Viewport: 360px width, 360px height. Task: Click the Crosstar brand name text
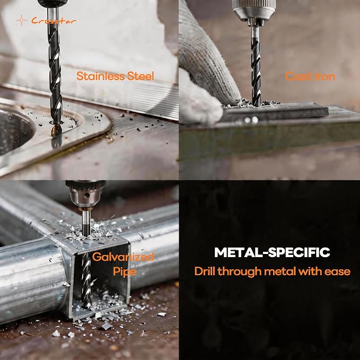54,21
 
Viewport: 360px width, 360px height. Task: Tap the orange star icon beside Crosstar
21,21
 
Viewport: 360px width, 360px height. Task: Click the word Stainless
101,76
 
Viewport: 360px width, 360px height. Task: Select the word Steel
141,76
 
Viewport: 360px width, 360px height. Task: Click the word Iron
324,76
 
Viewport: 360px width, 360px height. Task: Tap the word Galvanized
123,257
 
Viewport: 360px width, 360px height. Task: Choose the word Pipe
125,271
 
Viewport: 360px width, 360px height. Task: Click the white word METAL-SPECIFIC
272,252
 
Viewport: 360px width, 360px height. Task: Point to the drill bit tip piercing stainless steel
56,131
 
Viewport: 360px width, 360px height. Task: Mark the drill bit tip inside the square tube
86,306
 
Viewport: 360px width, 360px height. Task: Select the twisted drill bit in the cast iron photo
256,67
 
